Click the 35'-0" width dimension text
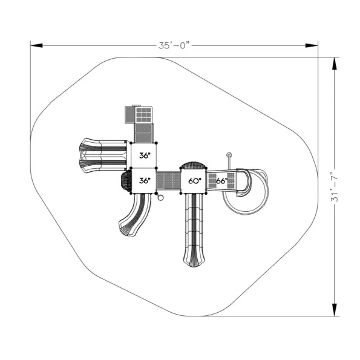[174, 45]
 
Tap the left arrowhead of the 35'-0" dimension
[36, 45]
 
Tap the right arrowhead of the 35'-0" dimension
[312, 45]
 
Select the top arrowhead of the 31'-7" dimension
[335, 64]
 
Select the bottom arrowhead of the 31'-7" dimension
[335, 310]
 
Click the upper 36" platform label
[145, 155]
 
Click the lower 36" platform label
[145, 180]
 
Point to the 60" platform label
[195, 181]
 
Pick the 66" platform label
[222, 181]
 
